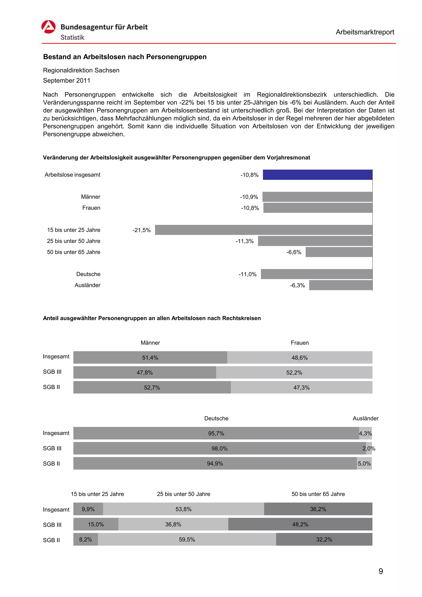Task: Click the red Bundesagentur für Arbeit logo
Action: point(48,27)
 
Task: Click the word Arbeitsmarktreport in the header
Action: point(365,32)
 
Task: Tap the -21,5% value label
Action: point(141,230)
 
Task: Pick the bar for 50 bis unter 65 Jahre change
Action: point(339,252)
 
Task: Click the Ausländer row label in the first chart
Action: point(87,285)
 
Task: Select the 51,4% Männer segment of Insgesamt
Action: point(150,358)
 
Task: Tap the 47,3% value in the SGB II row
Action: point(301,387)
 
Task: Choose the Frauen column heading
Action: point(300,343)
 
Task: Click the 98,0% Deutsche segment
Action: point(219,448)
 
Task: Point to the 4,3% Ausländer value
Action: point(365,433)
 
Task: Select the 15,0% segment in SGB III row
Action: point(96,524)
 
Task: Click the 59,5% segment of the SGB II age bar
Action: point(187,540)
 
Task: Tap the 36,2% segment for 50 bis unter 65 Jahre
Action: point(318,509)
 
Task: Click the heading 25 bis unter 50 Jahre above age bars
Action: point(183,494)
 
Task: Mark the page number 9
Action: point(380,571)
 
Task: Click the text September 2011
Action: point(67,81)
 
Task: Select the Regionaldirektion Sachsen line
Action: point(81,70)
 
